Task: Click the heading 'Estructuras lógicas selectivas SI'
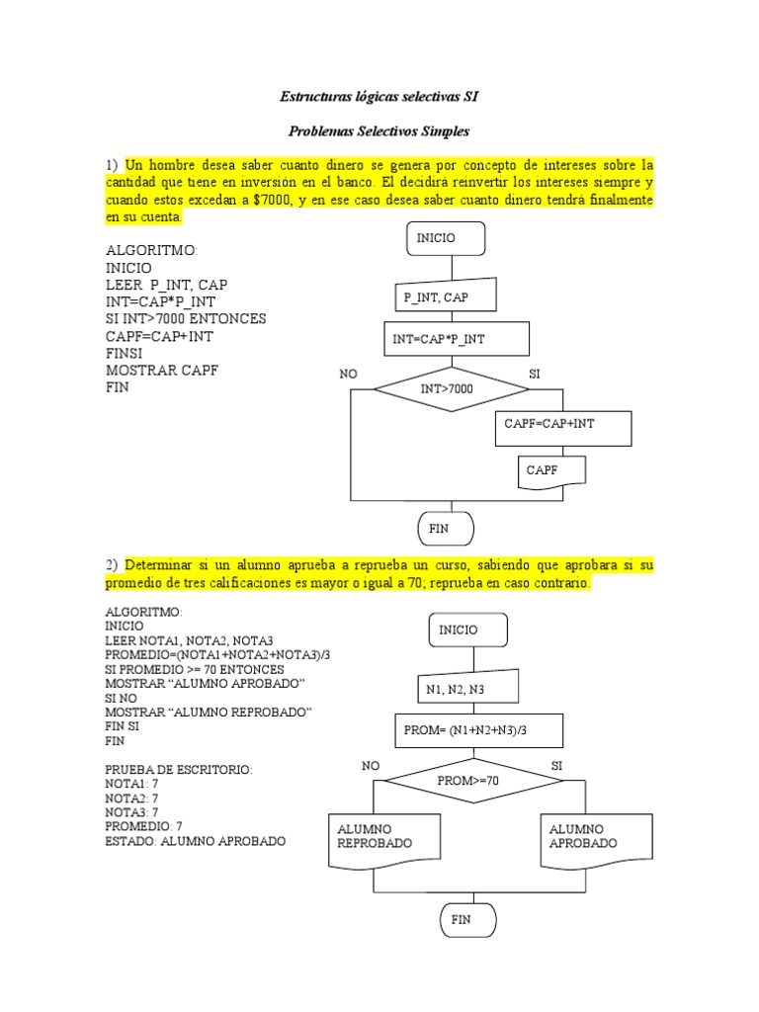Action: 379,97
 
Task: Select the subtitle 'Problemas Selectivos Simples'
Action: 379,130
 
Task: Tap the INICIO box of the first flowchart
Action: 446,238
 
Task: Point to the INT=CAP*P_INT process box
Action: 456,339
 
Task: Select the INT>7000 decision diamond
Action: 447,389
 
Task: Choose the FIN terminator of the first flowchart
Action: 446,529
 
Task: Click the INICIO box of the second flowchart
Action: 467,631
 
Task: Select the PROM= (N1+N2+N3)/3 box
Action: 478,731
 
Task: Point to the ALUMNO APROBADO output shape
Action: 597,838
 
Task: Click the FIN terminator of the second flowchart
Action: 467,920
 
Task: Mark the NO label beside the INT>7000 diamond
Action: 349,376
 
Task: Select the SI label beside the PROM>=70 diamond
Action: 556,766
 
